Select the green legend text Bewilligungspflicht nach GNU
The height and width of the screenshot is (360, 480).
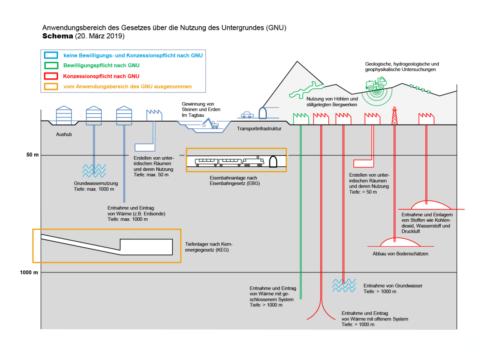point(101,65)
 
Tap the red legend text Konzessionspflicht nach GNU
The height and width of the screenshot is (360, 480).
point(101,76)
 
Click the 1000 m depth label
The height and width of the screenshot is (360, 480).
point(30,272)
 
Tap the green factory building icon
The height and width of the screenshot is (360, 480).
point(300,118)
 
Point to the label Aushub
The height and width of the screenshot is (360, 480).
point(64,135)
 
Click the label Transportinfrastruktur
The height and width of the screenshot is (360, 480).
point(259,129)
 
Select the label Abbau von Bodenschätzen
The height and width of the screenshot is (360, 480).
point(400,254)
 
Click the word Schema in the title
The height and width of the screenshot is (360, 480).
point(57,36)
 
